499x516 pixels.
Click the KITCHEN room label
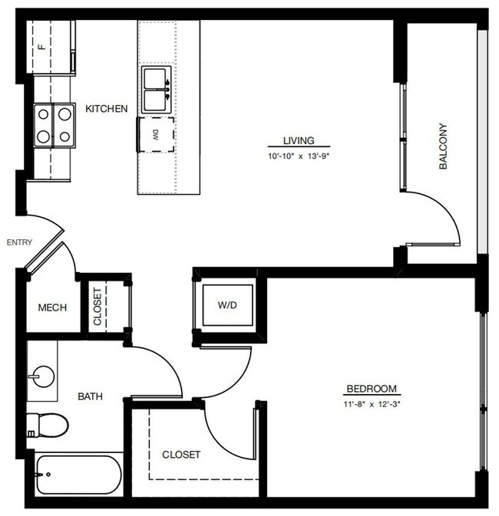[106, 109]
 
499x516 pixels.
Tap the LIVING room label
[296, 140]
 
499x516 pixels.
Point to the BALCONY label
[443, 146]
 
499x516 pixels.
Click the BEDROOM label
[372, 388]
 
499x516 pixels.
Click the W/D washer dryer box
[227, 305]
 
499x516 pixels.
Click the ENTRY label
[19, 242]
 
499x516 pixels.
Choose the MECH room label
[52, 307]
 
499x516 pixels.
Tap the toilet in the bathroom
[46, 423]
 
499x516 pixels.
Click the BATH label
[90, 396]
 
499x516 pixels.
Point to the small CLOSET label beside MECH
[97, 305]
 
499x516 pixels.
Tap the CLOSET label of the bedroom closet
[181, 455]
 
